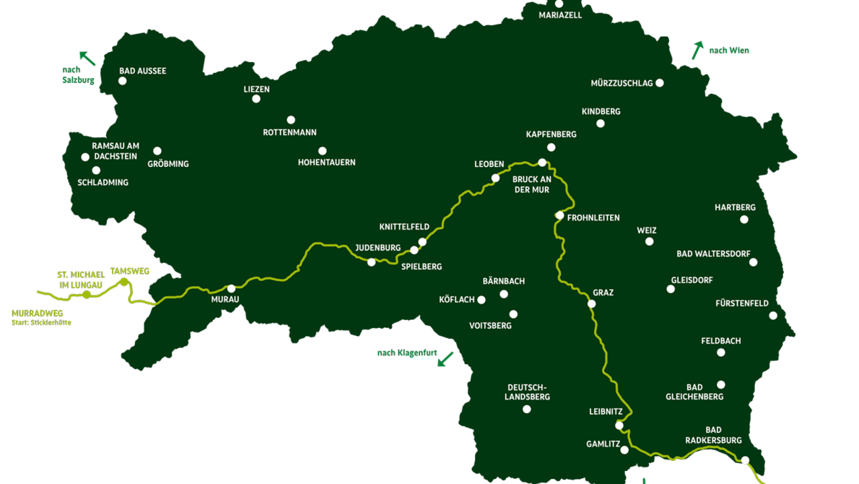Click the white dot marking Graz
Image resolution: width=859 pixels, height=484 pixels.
coord(591,304)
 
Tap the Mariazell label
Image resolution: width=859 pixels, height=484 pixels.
coord(560,15)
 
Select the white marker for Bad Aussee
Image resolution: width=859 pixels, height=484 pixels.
coord(123,81)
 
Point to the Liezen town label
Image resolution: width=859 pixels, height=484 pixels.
coord(256,90)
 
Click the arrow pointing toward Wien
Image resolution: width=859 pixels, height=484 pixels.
coord(697,51)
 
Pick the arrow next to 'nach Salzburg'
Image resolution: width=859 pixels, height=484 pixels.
coord(87,58)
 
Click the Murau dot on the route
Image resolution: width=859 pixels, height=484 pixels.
coord(231,288)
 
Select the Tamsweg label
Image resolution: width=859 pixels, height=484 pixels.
coord(130,272)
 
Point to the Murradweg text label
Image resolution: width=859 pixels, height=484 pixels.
coord(38,314)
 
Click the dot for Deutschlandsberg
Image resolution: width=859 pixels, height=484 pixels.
coord(527,409)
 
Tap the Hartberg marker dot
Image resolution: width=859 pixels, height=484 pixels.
coord(744,220)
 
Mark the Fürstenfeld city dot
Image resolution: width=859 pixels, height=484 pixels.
coord(773,316)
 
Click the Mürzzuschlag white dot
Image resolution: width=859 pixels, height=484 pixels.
coord(660,83)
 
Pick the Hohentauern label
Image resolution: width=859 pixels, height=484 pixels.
coord(326,163)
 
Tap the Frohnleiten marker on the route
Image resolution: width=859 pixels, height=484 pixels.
coord(559,215)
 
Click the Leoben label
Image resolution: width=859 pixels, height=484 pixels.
coord(489,165)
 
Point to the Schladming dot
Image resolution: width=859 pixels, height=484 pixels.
coord(96,170)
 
